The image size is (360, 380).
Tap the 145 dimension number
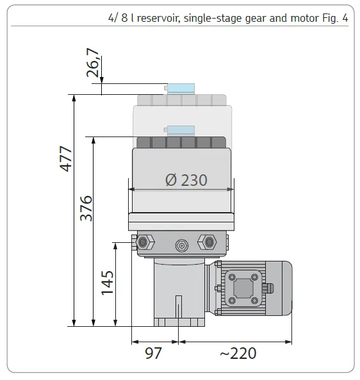[x=107, y=283]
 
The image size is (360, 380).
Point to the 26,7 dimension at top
[x=94, y=65]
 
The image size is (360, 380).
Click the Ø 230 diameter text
[x=186, y=180]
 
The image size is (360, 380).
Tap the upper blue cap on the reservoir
[x=181, y=88]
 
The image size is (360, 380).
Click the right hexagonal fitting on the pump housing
[x=208, y=242]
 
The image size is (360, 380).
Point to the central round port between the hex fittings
[x=181, y=245]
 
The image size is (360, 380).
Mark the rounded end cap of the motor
[x=284, y=288]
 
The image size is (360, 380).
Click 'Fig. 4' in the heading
[x=333, y=18]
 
